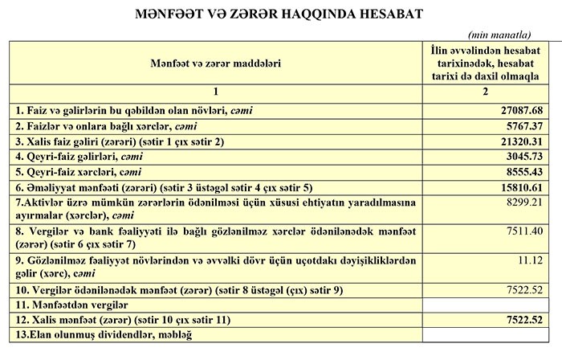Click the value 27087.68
522,109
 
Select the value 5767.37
524,127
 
